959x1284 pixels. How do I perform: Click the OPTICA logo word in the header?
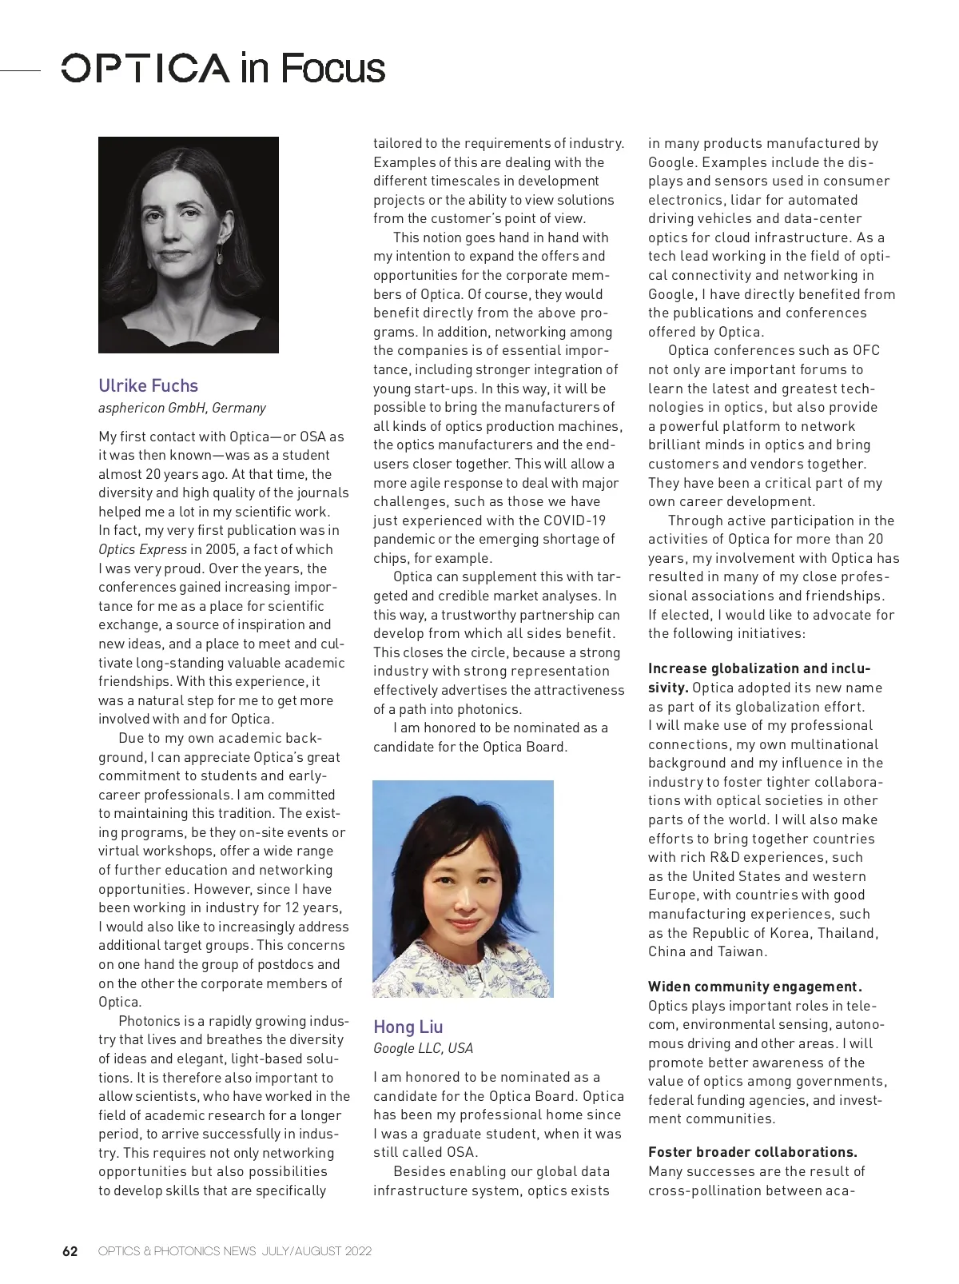(145, 69)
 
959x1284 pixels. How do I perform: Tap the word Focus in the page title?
(332, 69)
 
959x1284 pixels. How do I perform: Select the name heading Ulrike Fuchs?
(148, 385)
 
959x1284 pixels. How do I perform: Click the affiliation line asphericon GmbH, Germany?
(182, 408)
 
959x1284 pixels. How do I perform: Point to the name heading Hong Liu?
(408, 1027)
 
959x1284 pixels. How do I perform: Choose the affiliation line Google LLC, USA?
(423, 1048)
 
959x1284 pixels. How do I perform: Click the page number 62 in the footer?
(70, 1251)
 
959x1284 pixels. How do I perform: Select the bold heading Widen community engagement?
(754, 987)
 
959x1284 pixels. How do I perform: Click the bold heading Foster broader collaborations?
(752, 1152)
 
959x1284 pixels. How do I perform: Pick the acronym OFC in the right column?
(865, 350)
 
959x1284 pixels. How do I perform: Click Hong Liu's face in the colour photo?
(464, 895)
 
